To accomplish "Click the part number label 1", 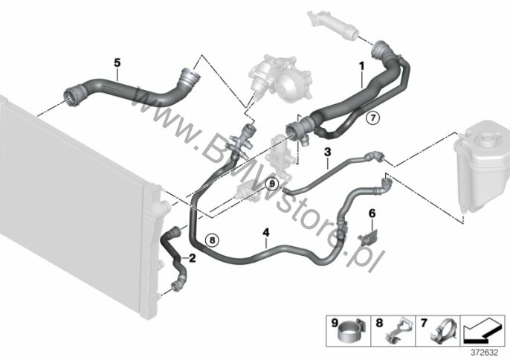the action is point(361,66).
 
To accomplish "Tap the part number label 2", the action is point(193,258).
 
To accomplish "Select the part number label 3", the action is point(328,152).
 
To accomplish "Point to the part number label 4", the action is point(266,232).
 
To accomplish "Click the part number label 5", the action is point(117,62).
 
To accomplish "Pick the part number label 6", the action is point(372,213).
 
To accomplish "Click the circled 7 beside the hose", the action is point(372,118).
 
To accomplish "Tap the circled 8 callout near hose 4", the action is point(212,240).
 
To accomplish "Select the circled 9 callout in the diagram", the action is point(272,184).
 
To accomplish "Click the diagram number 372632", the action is point(485,353).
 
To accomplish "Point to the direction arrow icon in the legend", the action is point(482,331).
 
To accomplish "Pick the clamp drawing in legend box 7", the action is point(443,331).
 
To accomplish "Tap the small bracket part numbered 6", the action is point(368,238).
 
